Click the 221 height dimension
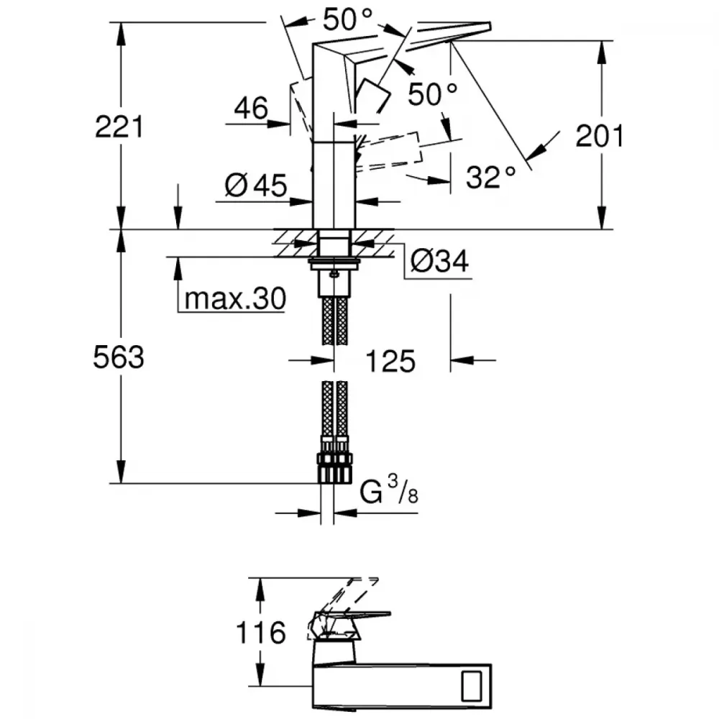[119, 127]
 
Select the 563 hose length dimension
[119, 357]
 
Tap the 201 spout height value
[600, 136]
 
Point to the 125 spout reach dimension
[390, 361]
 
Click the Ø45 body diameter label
[256, 186]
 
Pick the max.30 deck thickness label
[235, 298]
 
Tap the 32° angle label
[490, 177]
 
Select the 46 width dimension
[251, 109]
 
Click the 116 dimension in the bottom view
[260, 633]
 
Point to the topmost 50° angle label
[347, 19]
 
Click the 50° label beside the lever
[432, 94]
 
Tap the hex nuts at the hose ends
[335, 468]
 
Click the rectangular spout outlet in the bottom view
[472, 686]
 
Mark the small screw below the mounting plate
[334, 274]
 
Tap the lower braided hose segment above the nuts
[335, 409]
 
